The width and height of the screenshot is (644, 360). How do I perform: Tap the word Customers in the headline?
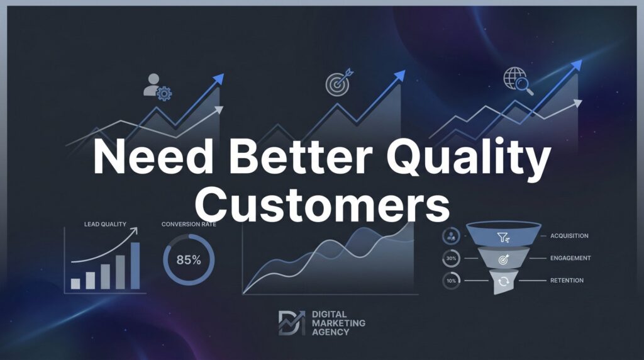(x=323, y=203)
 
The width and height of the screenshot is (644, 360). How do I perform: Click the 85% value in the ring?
(x=189, y=260)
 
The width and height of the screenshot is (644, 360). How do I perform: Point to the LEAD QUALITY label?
(x=105, y=224)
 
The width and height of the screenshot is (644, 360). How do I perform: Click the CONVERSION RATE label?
(x=189, y=224)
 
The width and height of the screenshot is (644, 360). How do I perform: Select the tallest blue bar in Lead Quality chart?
(x=135, y=266)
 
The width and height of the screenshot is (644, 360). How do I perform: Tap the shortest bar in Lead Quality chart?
(x=75, y=284)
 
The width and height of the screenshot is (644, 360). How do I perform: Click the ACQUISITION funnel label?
(x=569, y=236)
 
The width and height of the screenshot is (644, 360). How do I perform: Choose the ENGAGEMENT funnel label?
(x=570, y=258)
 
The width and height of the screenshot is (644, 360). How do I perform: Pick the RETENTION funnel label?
(x=567, y=280)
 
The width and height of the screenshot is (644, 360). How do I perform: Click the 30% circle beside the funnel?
(x=451, y=259)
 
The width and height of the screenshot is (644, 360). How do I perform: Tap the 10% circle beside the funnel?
(x=451, y=281)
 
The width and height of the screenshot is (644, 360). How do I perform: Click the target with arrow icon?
(x=339, y=82)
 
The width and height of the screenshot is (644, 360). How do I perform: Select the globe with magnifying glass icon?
(x=518, y=81)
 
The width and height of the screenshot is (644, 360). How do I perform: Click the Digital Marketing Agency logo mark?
(x=292, y=323)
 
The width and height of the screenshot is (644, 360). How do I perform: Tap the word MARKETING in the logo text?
(x=338, y=323)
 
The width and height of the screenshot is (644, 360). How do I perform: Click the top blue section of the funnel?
(x=504, y=234)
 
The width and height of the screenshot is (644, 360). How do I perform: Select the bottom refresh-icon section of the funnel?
(x=503, y=281)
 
